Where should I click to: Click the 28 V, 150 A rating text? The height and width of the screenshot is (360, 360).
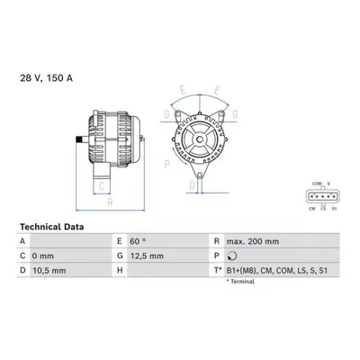tap(46, 78)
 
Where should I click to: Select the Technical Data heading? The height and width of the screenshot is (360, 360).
tap(52, 227)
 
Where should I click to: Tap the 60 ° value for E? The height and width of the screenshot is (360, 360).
tap(138, 241)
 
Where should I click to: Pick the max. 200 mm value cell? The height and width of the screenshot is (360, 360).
tap(253, 241)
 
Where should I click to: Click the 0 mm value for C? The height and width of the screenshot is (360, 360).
tap(43, 256)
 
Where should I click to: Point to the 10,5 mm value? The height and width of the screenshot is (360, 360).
tap(49, 271)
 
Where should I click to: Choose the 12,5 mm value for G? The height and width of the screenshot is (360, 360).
tap(147, 256)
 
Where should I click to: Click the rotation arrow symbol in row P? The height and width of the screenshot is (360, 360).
tap(232, 256)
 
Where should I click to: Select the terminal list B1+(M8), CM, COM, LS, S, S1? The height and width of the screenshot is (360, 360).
tap(277, 271)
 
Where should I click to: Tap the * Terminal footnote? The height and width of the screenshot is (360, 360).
tap(240, 282)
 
